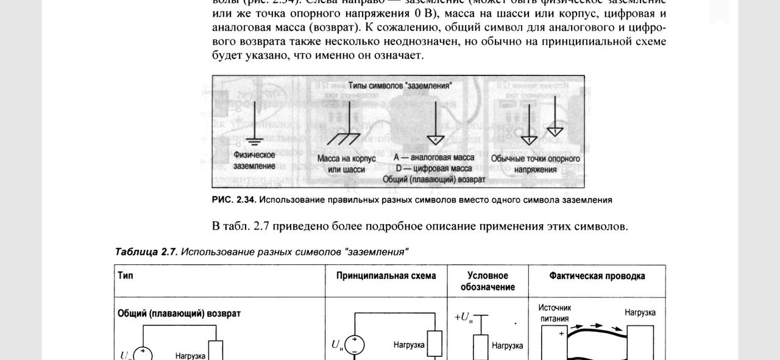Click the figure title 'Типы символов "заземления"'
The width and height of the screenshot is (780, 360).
point(399,86)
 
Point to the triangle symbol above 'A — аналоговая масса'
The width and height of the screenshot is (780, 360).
point(436,139)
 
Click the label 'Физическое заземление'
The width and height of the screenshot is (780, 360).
point(254,160)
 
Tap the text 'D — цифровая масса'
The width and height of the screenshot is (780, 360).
point(433,169)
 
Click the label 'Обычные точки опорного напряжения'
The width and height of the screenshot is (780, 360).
point(535,164)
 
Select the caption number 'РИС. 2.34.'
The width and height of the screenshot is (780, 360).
point(234,200)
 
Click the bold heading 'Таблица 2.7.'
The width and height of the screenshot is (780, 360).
point(146,252)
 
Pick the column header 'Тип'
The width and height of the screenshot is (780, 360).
point(126,275)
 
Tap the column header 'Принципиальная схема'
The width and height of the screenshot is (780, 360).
point(386,276)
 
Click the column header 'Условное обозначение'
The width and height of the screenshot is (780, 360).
point(487,281)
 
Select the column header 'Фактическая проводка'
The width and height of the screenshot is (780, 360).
point(597,276)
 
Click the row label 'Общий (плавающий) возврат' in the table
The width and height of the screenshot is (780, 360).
point(179,313)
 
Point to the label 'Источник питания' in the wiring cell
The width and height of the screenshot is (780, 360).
point(555,313)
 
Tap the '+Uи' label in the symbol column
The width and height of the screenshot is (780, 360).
point(464,317)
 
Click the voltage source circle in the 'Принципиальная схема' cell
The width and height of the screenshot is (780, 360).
point(355,345)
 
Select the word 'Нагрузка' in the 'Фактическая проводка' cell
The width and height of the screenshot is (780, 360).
point(640,312)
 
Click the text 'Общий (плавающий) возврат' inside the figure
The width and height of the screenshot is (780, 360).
point(434,180)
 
